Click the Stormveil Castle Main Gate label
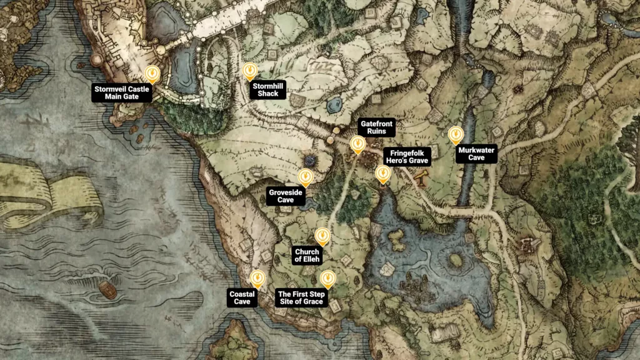pyautogui.click(x=122, y=93)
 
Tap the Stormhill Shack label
pyautogui.click(x=267, y=90)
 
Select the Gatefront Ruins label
pyautogui.click(x=377, y=127)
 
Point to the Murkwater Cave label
pyautogui.click(x=476, y=154)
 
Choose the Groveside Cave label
pyautogui.click(x=286, y=196)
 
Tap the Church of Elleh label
pyautogui.click(x=307, y=255)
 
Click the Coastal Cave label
pyautogui.click(x=242, y=297)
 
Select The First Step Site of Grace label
pyautogui.click(x=301, y=297)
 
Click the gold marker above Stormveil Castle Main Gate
pyautogui.click(x=152, y=74)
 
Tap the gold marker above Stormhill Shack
pyautogui.click(x=249, y=70)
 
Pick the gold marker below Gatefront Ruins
pyautogui.click(x=357, y=145)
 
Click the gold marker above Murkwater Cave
pyautogui.click(x=456, y=134)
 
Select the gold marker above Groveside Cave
pyautogui.click(x=305, y=177)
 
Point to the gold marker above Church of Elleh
pyautogui.click(x=322, y=236)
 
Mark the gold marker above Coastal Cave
pyautogui.click(x=257, y=279)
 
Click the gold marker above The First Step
pyautogui.click(x=327, y=278)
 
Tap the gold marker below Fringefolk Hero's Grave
pyautogui.click(x=382, y=174)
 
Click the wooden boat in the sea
pyautogui.click(x=107, y=289)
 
